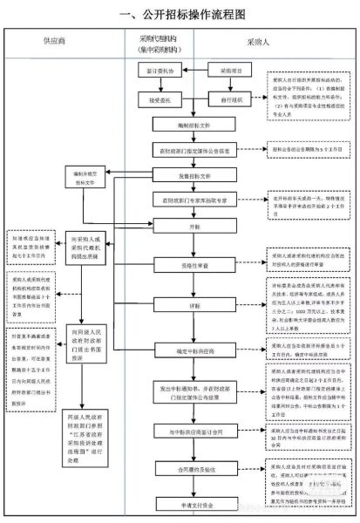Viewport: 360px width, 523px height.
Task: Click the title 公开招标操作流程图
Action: tap(180, 14)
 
